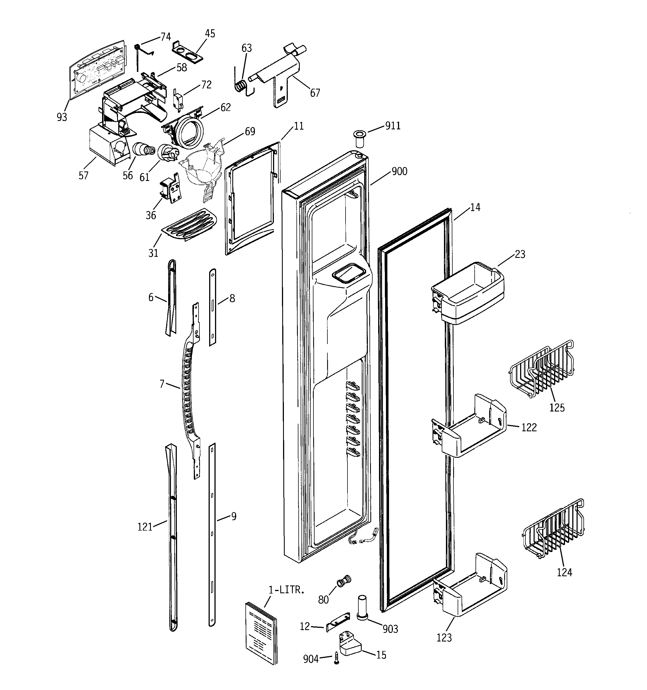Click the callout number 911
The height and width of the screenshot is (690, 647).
tap(393, 126)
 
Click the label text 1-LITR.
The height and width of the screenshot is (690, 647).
tap(286, 590)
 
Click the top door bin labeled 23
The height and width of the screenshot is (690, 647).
tap(467, 293)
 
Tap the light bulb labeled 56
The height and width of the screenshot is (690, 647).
tap(142, 150)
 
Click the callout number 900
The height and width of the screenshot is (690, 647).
tap(399, 171)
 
